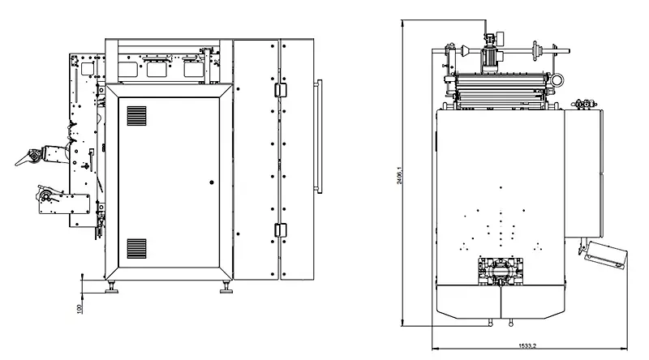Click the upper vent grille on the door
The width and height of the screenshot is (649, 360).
(x=136, y=115)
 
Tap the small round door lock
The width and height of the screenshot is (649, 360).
(x=211, y=182)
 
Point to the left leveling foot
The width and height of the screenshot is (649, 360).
(x=112, y=285)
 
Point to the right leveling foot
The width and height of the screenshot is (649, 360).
(x=223, y=285)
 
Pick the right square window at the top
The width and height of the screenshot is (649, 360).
(x=191, y=69)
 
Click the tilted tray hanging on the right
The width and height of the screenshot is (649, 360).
(x=605, y=255)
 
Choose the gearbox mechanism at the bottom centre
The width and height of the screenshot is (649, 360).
(x=501, y=270)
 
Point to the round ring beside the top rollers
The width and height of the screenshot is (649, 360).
(x=557, y=79)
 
